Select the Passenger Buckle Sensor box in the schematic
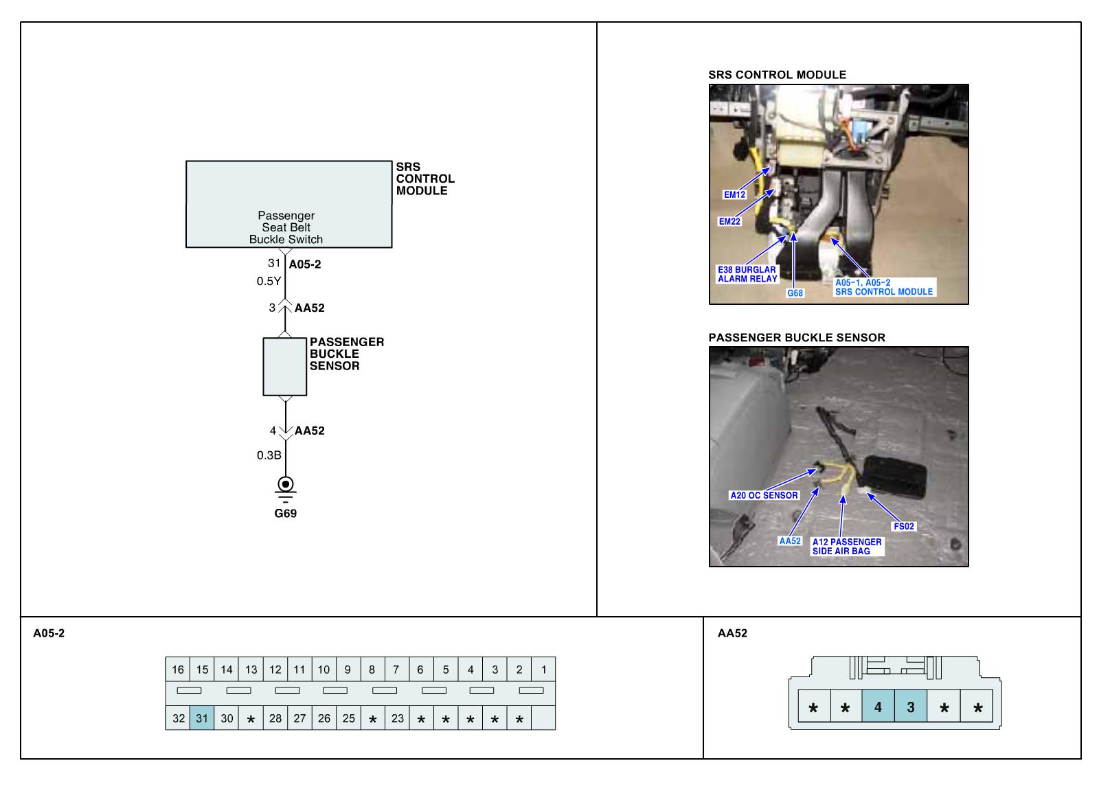285,367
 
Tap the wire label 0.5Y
269,281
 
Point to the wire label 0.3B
269,455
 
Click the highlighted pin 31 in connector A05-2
202,718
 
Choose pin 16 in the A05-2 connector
178,670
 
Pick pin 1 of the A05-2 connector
543,670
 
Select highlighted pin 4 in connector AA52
878,707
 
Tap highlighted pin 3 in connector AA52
911,707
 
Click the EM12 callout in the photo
734,194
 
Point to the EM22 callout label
729,222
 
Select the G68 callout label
795,293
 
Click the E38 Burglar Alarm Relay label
747,274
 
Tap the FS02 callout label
904,527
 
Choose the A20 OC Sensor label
764,495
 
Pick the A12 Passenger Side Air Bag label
847,547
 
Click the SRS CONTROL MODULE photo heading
777,75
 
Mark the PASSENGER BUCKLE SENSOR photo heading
797,338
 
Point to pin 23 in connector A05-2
397,718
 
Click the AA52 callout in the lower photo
790,541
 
